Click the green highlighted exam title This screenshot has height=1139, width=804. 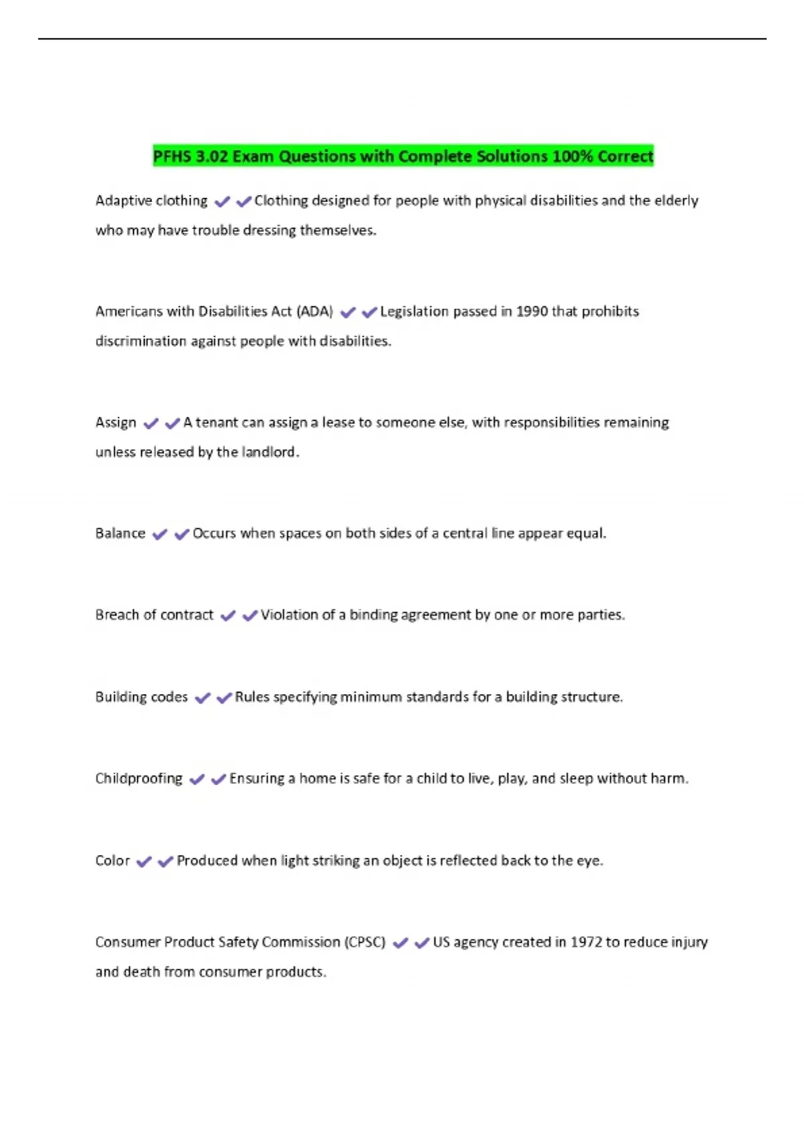point(403,156)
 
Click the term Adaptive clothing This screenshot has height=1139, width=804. point(151,201)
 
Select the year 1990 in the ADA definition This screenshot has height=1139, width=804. point(532,312)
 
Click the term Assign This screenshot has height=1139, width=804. point(116,423)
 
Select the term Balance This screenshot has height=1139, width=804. point(120,533)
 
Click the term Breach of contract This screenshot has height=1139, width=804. point(154,615)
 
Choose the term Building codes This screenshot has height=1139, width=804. point(141,697)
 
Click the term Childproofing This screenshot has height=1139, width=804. point(139,779)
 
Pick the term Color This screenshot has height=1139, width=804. point(113,861)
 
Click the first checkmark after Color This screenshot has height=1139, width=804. point(144,862)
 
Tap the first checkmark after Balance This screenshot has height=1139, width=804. point(159,535)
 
